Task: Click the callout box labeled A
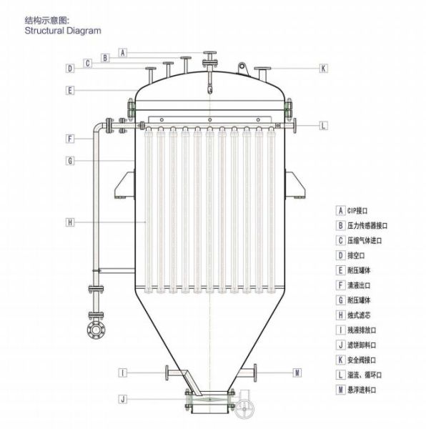click(x=123, y=52)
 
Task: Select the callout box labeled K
click(x=324, y=68)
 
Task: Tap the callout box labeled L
click(x=324, y=126)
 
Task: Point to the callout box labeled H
click(x=70, y=222)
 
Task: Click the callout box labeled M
click(x=297, y=373)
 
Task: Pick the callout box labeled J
click(x=123, y=399)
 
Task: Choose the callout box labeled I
click(x=123, y=373)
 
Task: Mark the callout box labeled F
click(x=70, y=139)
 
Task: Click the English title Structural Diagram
click(x=63, y=30)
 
